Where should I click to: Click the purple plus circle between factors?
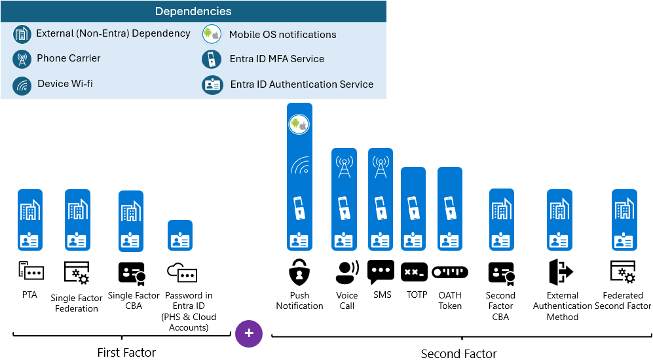(x=249, y=334)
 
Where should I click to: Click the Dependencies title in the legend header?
(x=193, y=11)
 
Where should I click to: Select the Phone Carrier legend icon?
(x=22, y=59)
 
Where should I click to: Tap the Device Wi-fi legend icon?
(x=22, y=85)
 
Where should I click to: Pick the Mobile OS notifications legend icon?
(x=212, y=35)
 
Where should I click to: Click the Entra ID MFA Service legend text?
(x=277, y=59)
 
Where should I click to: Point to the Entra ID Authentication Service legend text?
(x=302, y=84)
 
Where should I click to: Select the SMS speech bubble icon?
(x=381, y=271)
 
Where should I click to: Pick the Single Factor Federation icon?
(x=77, y=273)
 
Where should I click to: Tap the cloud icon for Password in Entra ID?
(x=181, y=273)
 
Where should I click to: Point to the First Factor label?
(x=126, y=353)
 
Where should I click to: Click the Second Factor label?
(x=458, y=354)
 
